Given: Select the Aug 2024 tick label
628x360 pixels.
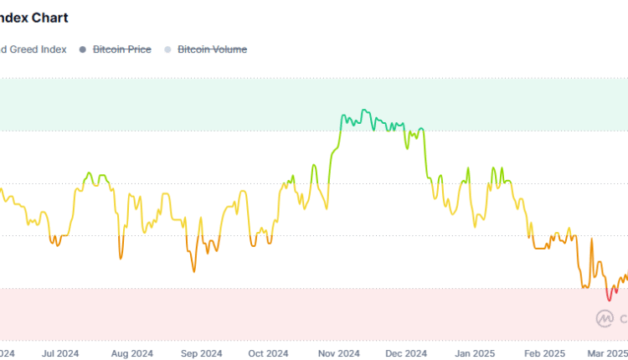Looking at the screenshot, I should pyautogui.click(x=131, y=353).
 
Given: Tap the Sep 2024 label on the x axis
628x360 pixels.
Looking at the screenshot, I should pyautogui.click(x=201, y=353).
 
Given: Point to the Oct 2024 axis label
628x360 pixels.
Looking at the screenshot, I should pyautogui.click(x=269, y=353).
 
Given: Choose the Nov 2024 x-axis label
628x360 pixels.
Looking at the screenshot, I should pyautogui.click(x=338, y=353).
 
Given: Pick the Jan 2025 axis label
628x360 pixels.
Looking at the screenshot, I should pyautogui.click(x=476, y=353).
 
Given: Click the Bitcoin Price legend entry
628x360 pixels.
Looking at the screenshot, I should pyautogui.click(x=121, y=49).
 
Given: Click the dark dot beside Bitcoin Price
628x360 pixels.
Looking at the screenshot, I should pyautogui.click(x=83, y=49).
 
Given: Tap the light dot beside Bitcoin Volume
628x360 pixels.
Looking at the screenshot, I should pyautogui.click(x=167, y=49).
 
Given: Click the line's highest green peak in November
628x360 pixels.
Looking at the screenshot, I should pyautogui.click(x=363, y=110).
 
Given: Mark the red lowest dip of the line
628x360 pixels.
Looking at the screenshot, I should pyautogui.click(x=610, y=300).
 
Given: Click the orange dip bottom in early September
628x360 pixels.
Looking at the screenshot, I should pyautogui.click(x=194, y=271).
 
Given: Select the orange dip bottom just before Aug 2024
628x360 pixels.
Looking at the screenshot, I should pyautogui.click(x=121, y=259).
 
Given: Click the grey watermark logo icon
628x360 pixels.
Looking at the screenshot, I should pyautogui.click(x=605, y=318).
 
